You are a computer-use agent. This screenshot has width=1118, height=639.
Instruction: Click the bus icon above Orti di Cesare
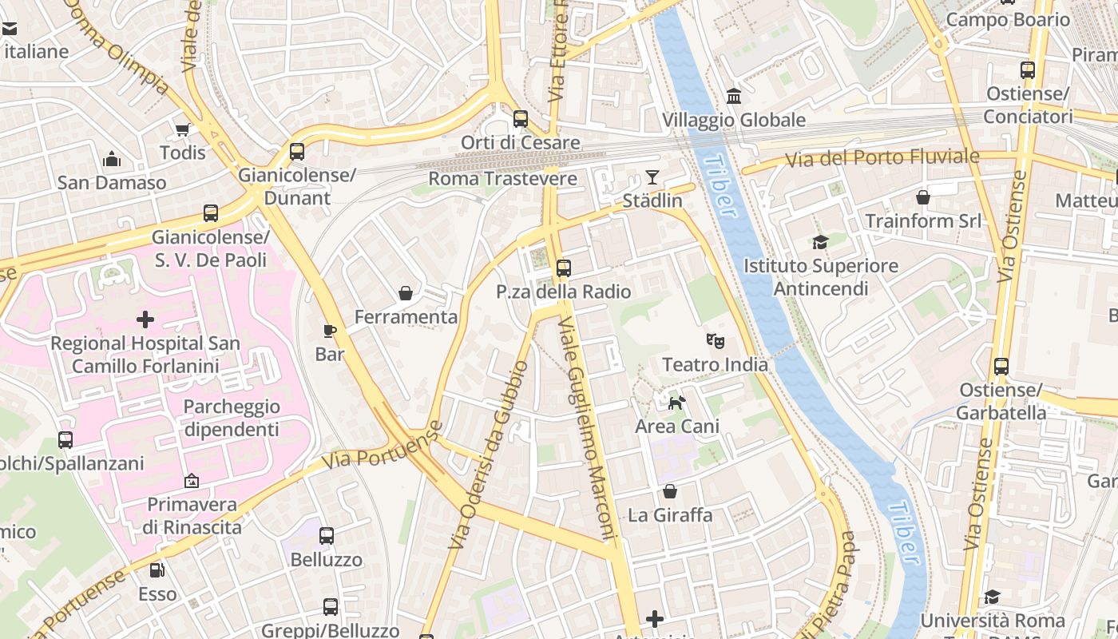521,119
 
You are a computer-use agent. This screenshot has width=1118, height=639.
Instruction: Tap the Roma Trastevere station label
502,178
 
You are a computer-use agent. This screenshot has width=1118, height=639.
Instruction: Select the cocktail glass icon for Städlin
652,177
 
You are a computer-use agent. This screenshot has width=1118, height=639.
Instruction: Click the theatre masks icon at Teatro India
716,341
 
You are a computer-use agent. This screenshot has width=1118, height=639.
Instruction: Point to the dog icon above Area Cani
676,403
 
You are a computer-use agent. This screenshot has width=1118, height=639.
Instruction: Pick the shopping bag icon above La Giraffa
669,491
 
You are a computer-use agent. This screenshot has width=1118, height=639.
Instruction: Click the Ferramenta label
406,317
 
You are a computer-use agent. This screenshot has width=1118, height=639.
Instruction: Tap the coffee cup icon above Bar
329,331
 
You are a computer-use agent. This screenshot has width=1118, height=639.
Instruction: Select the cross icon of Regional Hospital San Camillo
145,320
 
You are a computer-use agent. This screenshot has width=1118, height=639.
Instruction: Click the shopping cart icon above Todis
183,129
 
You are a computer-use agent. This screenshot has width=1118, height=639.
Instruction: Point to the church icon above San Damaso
112,160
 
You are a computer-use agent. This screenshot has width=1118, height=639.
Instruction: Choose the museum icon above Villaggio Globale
733,97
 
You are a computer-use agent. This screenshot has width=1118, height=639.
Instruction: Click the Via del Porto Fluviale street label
882,157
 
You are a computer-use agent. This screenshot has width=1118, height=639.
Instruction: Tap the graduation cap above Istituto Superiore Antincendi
820,242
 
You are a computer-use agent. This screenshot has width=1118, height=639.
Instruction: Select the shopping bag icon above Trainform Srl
923,196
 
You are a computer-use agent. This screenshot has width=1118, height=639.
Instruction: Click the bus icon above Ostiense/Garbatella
1001,367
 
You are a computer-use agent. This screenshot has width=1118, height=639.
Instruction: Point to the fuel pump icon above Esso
157,570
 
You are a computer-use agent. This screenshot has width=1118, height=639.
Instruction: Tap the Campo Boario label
1007,20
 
